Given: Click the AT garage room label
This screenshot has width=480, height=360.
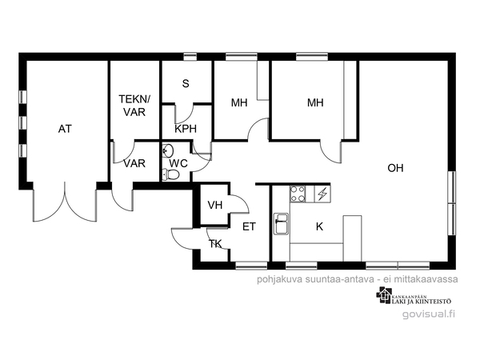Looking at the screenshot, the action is click(65, 129).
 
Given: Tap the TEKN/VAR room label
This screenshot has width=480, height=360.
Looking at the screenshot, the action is click(134, 106).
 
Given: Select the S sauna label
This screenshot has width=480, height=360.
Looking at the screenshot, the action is click(186, 83).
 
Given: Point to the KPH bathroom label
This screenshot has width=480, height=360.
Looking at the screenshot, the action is click(186, 129).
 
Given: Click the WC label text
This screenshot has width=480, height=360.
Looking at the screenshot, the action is click(178, 163).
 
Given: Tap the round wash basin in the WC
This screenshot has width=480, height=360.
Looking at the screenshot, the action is click(167, 150).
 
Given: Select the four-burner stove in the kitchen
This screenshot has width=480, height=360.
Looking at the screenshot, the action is click(298, 194).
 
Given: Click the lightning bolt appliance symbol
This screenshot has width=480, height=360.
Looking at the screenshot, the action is click(322, 194).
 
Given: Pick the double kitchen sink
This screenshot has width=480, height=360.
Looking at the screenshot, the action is click(282, 224).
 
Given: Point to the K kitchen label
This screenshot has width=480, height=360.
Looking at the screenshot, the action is click(319, 226).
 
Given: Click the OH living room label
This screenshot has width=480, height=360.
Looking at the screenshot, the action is click(395, 168).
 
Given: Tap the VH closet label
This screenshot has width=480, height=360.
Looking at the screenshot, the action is click(215, 205).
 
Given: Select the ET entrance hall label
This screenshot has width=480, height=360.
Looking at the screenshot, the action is click(249, 227).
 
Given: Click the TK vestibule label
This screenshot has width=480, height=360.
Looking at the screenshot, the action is click(215, 244).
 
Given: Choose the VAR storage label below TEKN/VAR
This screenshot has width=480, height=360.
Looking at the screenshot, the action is click(134, 163).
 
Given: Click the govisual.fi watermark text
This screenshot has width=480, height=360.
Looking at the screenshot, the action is click(429, 314).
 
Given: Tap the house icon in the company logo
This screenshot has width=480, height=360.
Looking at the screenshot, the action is click(384, 294).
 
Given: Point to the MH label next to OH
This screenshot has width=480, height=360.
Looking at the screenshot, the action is click(315, 102).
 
